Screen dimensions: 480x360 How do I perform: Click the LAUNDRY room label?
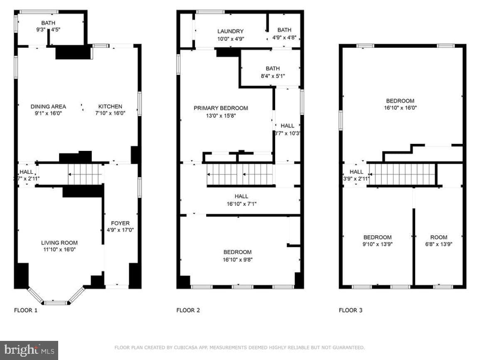click(230, 31)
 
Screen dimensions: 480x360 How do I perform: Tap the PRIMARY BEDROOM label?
click(221, 108)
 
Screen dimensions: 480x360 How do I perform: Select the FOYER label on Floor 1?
click(120, 223)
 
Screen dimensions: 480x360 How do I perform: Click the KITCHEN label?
click(110, 106)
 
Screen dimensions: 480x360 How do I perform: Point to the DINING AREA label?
click(48, 106)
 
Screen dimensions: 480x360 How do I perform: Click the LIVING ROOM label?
click(59, 243)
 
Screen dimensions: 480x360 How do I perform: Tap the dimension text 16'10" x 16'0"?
click(400, 108)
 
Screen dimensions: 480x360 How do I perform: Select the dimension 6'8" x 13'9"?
click(439, 244)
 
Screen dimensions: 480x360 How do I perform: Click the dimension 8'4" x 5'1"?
click(273, 76)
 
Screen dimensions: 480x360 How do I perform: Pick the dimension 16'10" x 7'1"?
click(241, 204)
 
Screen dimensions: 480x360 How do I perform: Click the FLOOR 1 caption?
click(26, 310)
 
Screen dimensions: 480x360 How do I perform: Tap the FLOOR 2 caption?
click(188, 310)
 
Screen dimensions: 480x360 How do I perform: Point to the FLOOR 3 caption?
click(350, 310)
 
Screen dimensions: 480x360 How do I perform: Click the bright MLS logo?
click(29, 350)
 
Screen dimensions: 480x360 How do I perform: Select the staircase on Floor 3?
click(401, 174)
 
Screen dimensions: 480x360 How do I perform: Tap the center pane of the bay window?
click(55, 303)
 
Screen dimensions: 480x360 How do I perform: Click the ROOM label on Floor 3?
click(439, 237)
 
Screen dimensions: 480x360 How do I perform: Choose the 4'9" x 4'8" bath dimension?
click(284, 38)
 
